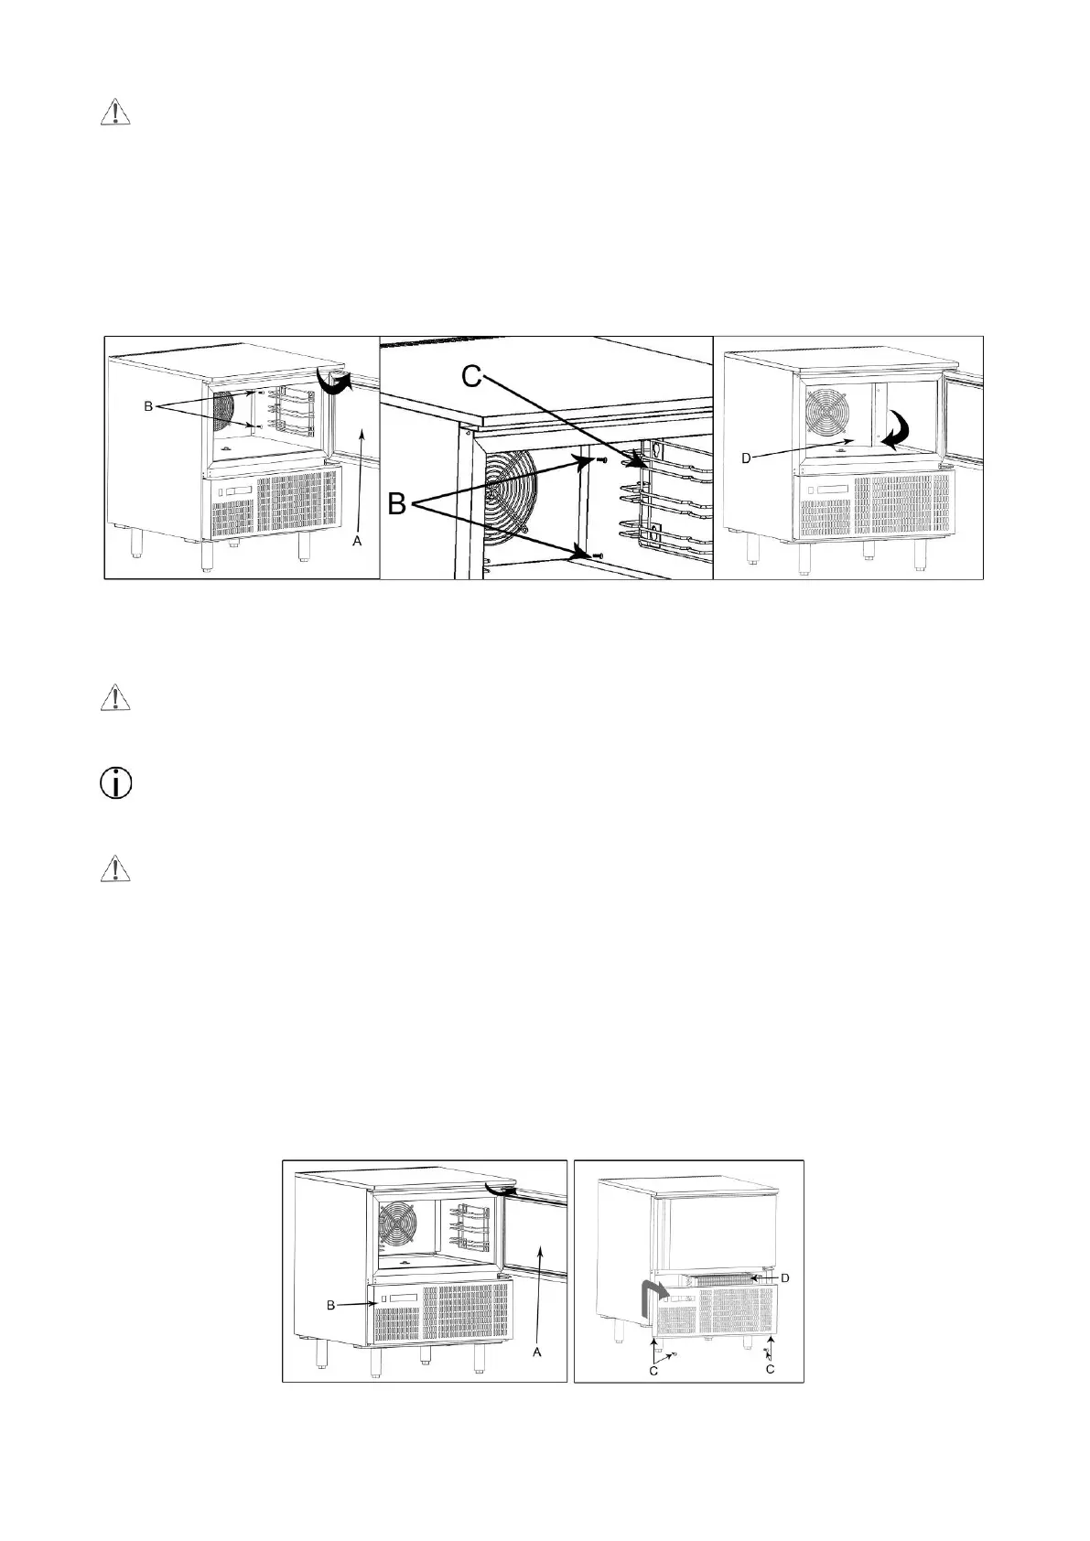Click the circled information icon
tap(114, 784)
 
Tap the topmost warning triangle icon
tap(114, 112)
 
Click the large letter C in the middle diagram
tap(471, 375)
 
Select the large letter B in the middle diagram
tap(400, 503)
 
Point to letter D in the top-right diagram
tap(746, 458)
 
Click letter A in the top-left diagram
tap(358, 542)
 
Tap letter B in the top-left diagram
tap(148, 407)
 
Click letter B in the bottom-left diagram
tap(331, 1305)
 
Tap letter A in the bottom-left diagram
tap(537, 1352)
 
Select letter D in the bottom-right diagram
tap(784, 1277)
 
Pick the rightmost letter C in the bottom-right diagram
tap(770, 1369)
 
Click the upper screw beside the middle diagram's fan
tap(600, 460)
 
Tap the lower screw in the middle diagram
tap(596, 555)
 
